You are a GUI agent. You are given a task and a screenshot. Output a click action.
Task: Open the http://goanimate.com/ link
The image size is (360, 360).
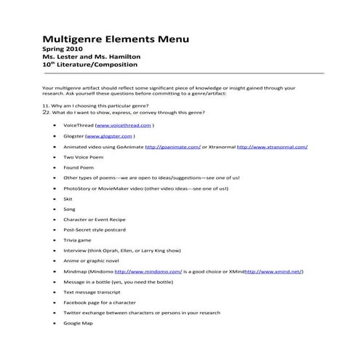(172, 146)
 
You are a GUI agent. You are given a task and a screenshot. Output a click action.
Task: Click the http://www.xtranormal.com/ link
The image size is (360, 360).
(272, 146)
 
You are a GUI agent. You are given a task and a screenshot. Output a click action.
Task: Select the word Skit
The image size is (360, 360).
(68, 198)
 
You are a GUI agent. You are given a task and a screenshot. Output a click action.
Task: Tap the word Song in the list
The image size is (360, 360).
(70, 208)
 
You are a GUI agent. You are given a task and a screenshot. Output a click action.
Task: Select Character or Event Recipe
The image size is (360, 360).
(94, 218)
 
